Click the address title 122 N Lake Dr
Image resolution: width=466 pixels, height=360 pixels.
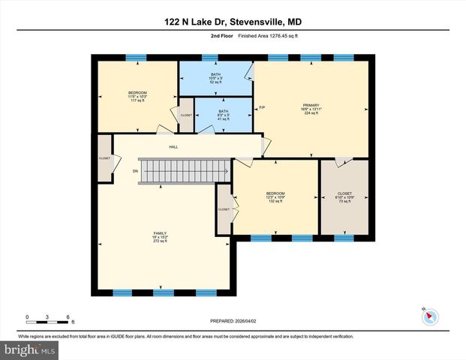[x=232, y=22]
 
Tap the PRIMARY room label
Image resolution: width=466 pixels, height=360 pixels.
[x=311, y=105]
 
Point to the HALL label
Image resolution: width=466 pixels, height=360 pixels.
[x=173, y=147]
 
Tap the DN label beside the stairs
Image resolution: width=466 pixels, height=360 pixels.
[x=135, y=171]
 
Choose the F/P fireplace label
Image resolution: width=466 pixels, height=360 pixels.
[x=262, y=108]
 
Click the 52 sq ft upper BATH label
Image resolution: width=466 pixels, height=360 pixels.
[x=215, y=78]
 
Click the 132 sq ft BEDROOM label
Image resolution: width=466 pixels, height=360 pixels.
[x=275, y=197]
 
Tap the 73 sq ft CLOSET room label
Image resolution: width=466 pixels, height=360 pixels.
[x=344, y=197]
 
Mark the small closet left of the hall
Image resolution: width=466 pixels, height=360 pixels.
[x=104, y=158]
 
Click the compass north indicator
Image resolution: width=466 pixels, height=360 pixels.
[x=428, y=316]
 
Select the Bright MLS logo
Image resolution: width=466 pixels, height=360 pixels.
[x=29, y=349]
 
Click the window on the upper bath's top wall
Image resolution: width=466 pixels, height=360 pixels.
[x=215, y=57]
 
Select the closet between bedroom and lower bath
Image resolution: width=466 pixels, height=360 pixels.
[x=185, y=115]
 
